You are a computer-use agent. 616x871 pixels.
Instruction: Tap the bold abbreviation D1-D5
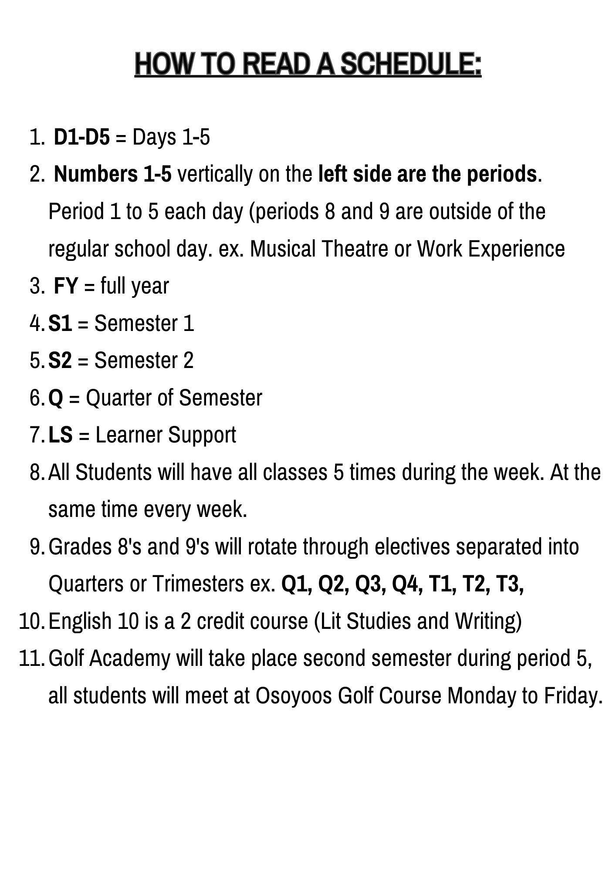tap(82, 137)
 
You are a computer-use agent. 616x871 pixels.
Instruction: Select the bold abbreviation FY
tap(65, 286)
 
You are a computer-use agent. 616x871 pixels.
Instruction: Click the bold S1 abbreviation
tap(60, 323)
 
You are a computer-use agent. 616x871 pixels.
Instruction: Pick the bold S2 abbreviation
tap(60, 361)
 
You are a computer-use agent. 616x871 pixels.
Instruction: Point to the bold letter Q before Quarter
tap(55, 398)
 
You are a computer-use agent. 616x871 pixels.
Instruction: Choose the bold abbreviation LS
tap(61, 435)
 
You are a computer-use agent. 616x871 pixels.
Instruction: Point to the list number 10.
tap(31, 621)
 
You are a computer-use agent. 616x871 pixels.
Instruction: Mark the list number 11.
tap(31, 658)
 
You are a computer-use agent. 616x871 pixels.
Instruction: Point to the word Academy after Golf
tap(131, 658)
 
